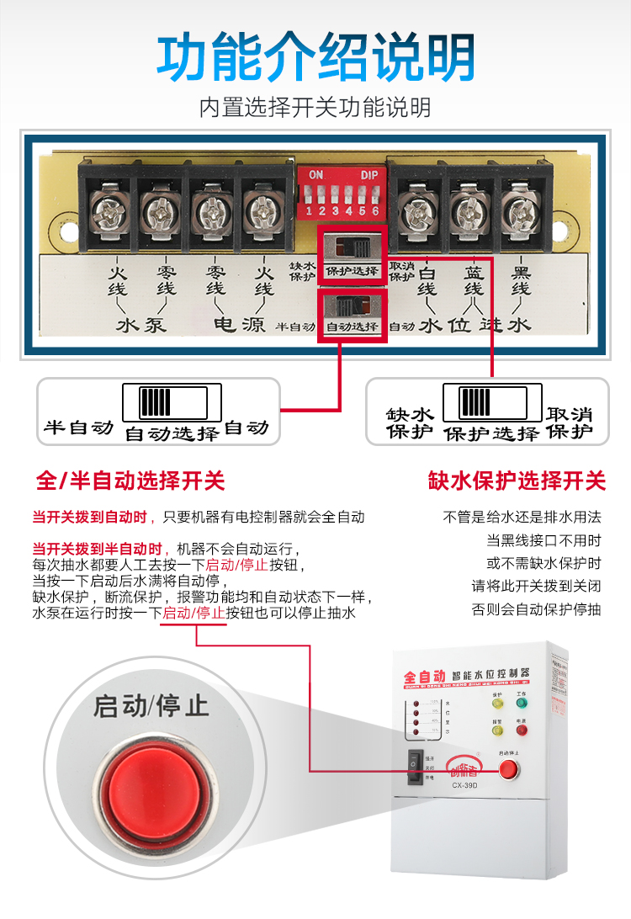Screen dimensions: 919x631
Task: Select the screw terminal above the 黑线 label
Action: point(520,211)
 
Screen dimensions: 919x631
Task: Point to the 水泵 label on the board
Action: point(141,325)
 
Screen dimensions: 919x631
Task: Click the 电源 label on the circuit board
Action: point(239,325)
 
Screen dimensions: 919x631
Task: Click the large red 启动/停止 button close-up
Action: point(151,773)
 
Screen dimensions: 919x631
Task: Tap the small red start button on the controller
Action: point(509,768)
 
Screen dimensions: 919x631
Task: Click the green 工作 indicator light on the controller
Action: point(522,703)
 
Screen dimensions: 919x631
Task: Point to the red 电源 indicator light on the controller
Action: point(522,730)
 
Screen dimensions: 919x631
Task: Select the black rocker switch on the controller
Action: point(414,767)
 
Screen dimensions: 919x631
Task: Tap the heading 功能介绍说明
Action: point(315,58)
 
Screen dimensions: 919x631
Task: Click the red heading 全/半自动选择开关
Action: point(130,481)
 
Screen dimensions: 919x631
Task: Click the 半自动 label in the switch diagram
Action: point(78,428)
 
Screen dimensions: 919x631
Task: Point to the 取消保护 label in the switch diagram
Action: point(570,423)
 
